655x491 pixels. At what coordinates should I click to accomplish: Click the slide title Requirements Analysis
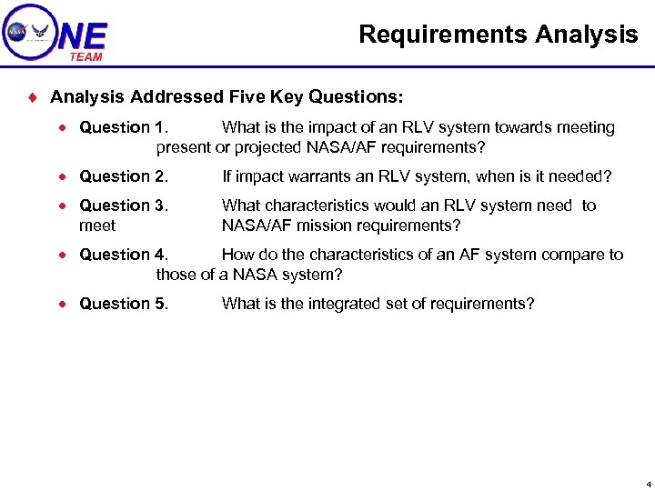tap(498, 35)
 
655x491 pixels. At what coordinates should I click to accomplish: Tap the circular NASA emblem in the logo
tap(16, 32)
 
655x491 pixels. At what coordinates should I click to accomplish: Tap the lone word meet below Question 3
tap(97, 225)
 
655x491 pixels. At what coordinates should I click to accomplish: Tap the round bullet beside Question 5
tap(67, 305)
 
